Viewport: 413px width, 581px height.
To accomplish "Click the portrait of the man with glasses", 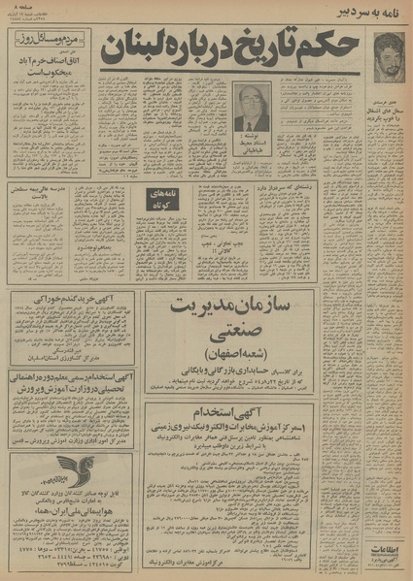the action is pyautogui.click(x=249, y=110).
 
